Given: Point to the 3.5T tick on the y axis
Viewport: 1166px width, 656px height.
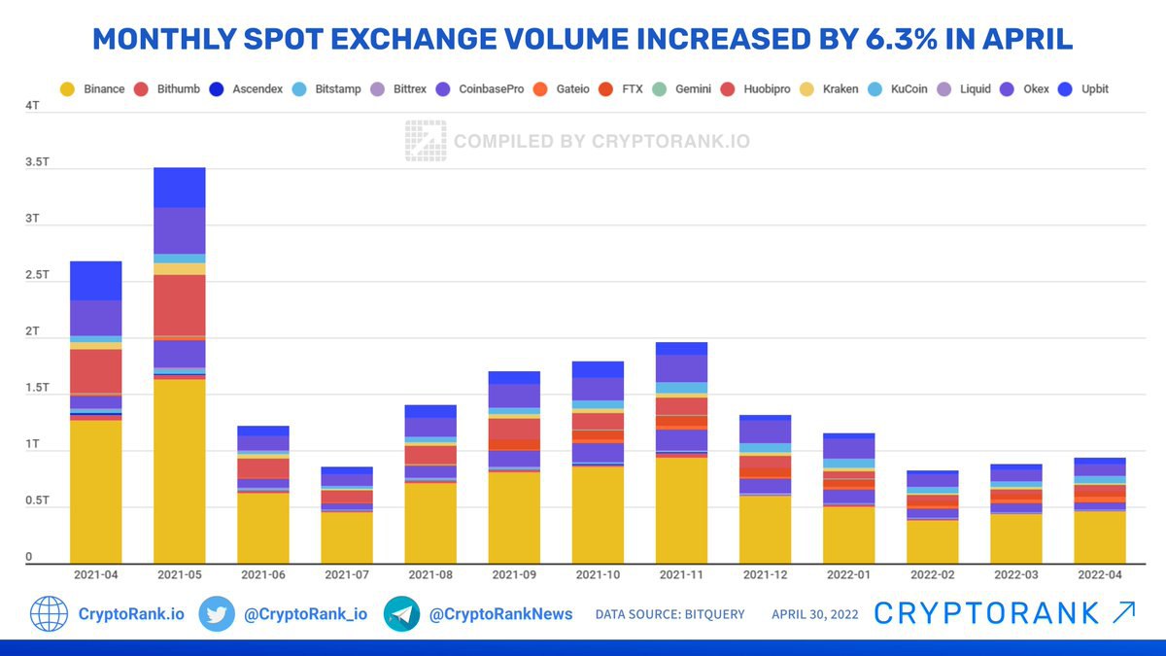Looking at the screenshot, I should pyautogui.click(x=36, y=161).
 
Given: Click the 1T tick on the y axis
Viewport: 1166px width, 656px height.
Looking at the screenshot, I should pyautogui.click(x=33, y=444).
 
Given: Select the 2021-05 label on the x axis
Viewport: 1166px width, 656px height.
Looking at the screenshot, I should pyautogui.click(x=179, y=574).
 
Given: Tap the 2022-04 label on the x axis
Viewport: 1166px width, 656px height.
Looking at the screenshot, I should pyautogui.click(x=1099, y=574).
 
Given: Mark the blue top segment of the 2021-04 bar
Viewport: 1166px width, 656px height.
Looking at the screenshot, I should pyautogui.click(x=96, y=281).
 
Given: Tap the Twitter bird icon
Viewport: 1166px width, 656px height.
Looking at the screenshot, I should pyautogui.click(x=217, y=614).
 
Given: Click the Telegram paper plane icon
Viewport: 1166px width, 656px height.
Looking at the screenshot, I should pyautogui.click(x=401, y=614).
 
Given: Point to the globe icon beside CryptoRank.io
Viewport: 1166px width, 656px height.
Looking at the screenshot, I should pyautogui.click(x=49, y=614).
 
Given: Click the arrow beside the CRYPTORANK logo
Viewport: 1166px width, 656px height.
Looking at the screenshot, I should pyautogui.click(x=1122, y=612).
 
